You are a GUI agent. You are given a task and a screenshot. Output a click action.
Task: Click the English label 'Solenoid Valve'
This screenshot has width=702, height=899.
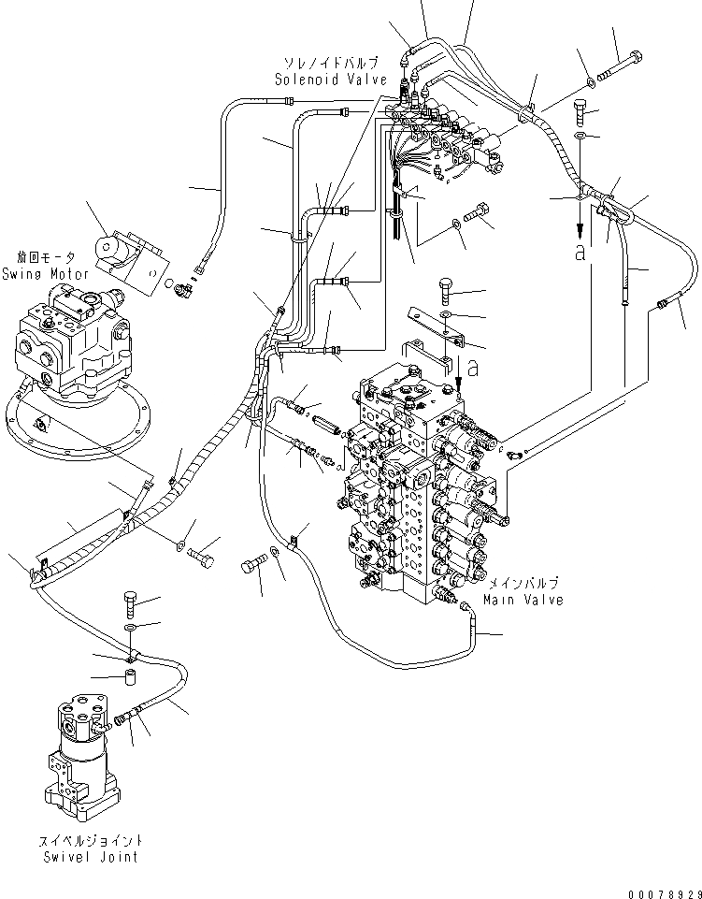[x=331, y=80]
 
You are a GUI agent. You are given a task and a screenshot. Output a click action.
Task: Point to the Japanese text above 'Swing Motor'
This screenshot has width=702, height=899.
[x=44, y=257]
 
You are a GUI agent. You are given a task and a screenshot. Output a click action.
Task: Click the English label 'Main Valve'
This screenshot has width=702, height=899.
[x=523, y=600]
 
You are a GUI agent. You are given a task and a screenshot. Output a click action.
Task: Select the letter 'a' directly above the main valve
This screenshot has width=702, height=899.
[x=474, y=368]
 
